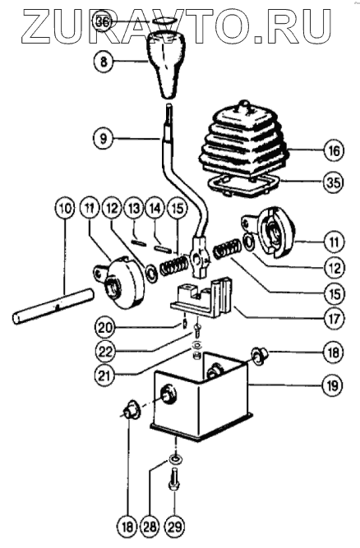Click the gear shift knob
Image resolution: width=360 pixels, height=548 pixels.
[x=166, y=63]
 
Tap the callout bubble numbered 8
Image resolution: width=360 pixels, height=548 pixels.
[x=104, y=62]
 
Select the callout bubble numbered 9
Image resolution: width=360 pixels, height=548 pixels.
[x=104, y=139]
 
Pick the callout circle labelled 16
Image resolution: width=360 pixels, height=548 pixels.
[x=334, y=150]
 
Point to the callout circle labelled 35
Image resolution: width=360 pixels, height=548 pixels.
[x=334, y=182]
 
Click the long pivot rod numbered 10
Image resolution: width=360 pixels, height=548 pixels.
[x=53, y=306]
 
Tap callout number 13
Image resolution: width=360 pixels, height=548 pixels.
[x=134, y=209]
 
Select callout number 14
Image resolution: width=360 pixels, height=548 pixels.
[x=155, y=209]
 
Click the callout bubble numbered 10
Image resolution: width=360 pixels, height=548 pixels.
[x=65, y=209]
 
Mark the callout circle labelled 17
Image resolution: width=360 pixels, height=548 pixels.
[x=335, y=319]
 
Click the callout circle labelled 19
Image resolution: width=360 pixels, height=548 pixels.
[x=332, y=385]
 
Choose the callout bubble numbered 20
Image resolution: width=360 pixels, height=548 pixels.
[x=105, y=328]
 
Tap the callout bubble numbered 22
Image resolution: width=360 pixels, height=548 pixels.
[x=105, y=352]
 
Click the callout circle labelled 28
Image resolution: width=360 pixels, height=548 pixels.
[x=150, y=527]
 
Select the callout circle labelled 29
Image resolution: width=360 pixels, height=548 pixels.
[x=174, y=527]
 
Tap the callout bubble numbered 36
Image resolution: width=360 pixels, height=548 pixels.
[x=104, y=22]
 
